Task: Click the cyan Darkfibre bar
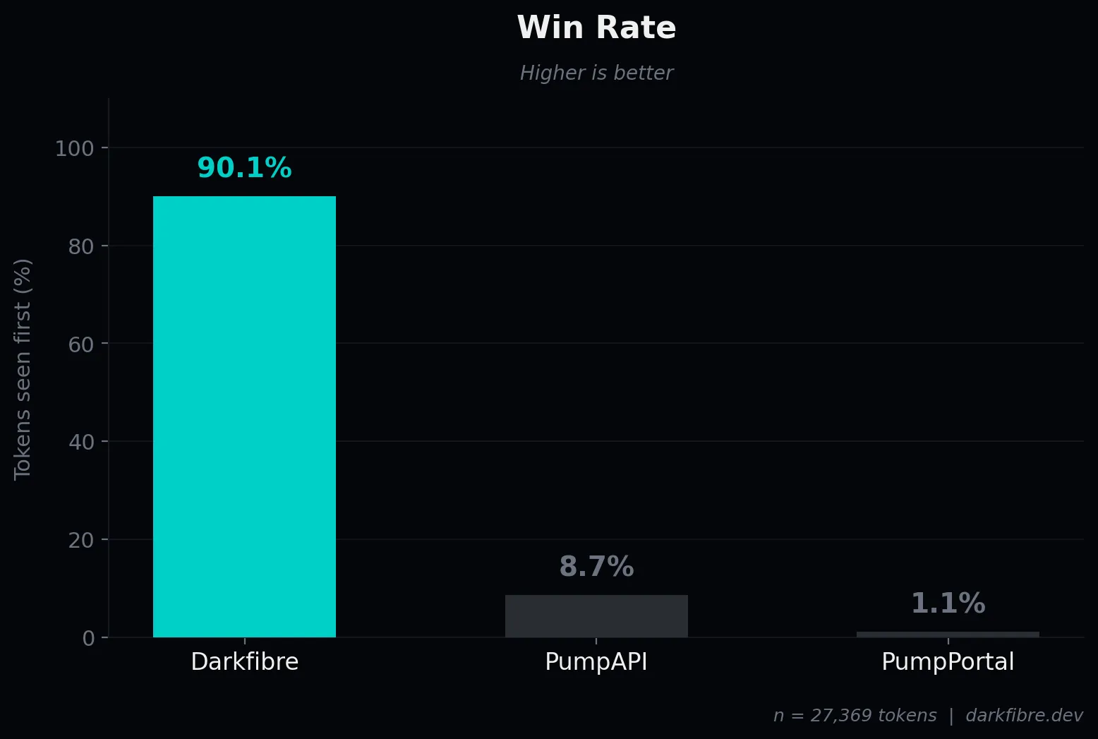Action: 244,416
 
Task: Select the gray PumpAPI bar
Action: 596,616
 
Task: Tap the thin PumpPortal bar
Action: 948,634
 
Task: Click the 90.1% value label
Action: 244,168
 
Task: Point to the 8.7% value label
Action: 596,567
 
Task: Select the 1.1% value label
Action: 948,603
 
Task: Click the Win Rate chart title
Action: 596,28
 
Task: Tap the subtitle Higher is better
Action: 596,73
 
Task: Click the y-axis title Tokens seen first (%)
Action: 23,369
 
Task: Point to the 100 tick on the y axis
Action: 74,148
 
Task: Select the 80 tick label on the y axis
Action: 81,246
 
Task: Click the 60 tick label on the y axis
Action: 81,344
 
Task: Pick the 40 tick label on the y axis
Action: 81,443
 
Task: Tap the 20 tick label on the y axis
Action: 81,541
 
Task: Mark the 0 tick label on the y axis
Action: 88,639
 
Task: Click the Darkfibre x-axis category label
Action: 244,662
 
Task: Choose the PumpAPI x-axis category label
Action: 596,662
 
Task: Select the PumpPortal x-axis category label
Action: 948,662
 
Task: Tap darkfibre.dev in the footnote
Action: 1024,716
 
